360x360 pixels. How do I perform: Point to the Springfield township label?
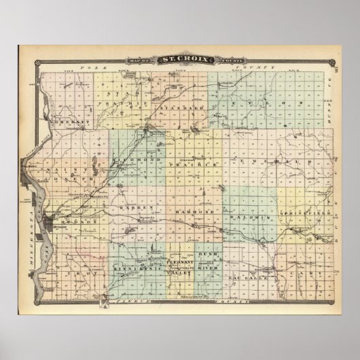pyautogui.click(x=314, y=213)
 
